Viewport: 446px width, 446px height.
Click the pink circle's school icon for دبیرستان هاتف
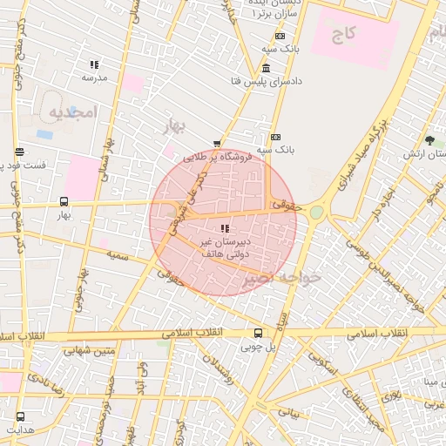[x=213, y=228]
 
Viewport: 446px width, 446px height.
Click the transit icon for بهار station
[x=64, y=201]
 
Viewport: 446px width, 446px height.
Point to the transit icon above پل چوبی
[x=257, y=333]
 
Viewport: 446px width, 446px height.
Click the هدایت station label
[x=20, y=429]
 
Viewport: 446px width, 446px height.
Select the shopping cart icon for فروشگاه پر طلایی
[x=216, y=144]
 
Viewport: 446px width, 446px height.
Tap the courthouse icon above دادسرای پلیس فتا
[x=265, y=68]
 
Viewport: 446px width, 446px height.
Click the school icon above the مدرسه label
[x=94, y=64]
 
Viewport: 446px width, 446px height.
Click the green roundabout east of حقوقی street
[x=316, y=212]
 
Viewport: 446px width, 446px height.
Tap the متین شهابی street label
[x=92, y=351]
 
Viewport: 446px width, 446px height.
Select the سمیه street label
[x=118, y=256]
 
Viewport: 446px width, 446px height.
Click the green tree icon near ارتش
[x=429, y=140]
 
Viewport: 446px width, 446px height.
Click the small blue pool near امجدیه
[x=44, y=134]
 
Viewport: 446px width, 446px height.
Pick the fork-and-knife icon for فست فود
[x=19, y=152]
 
